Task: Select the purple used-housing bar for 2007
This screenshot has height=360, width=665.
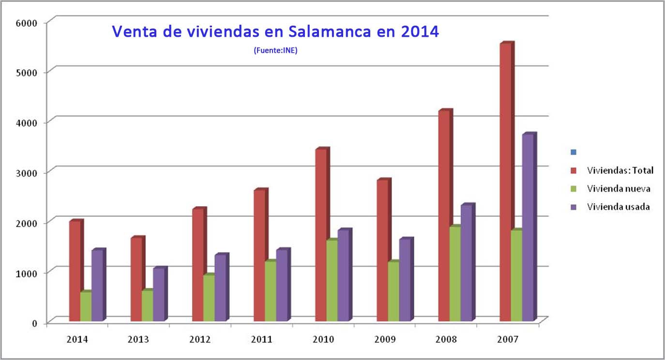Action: coord(529,227)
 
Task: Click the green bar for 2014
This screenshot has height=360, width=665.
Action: coord(86,307)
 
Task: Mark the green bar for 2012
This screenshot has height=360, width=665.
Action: coord(209,298)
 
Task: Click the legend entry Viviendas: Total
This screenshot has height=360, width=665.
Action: coord(620,170)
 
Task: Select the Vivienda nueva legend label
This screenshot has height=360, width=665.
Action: coord(618,189)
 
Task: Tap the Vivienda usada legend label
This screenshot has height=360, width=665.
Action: coord(618,207)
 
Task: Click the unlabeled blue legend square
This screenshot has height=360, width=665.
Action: coord(574,152)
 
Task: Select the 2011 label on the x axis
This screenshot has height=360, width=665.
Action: coord(261,340)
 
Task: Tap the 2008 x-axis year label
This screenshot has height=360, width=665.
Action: coord(446,340)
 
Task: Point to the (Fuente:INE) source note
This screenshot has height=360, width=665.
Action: coord(275,50)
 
